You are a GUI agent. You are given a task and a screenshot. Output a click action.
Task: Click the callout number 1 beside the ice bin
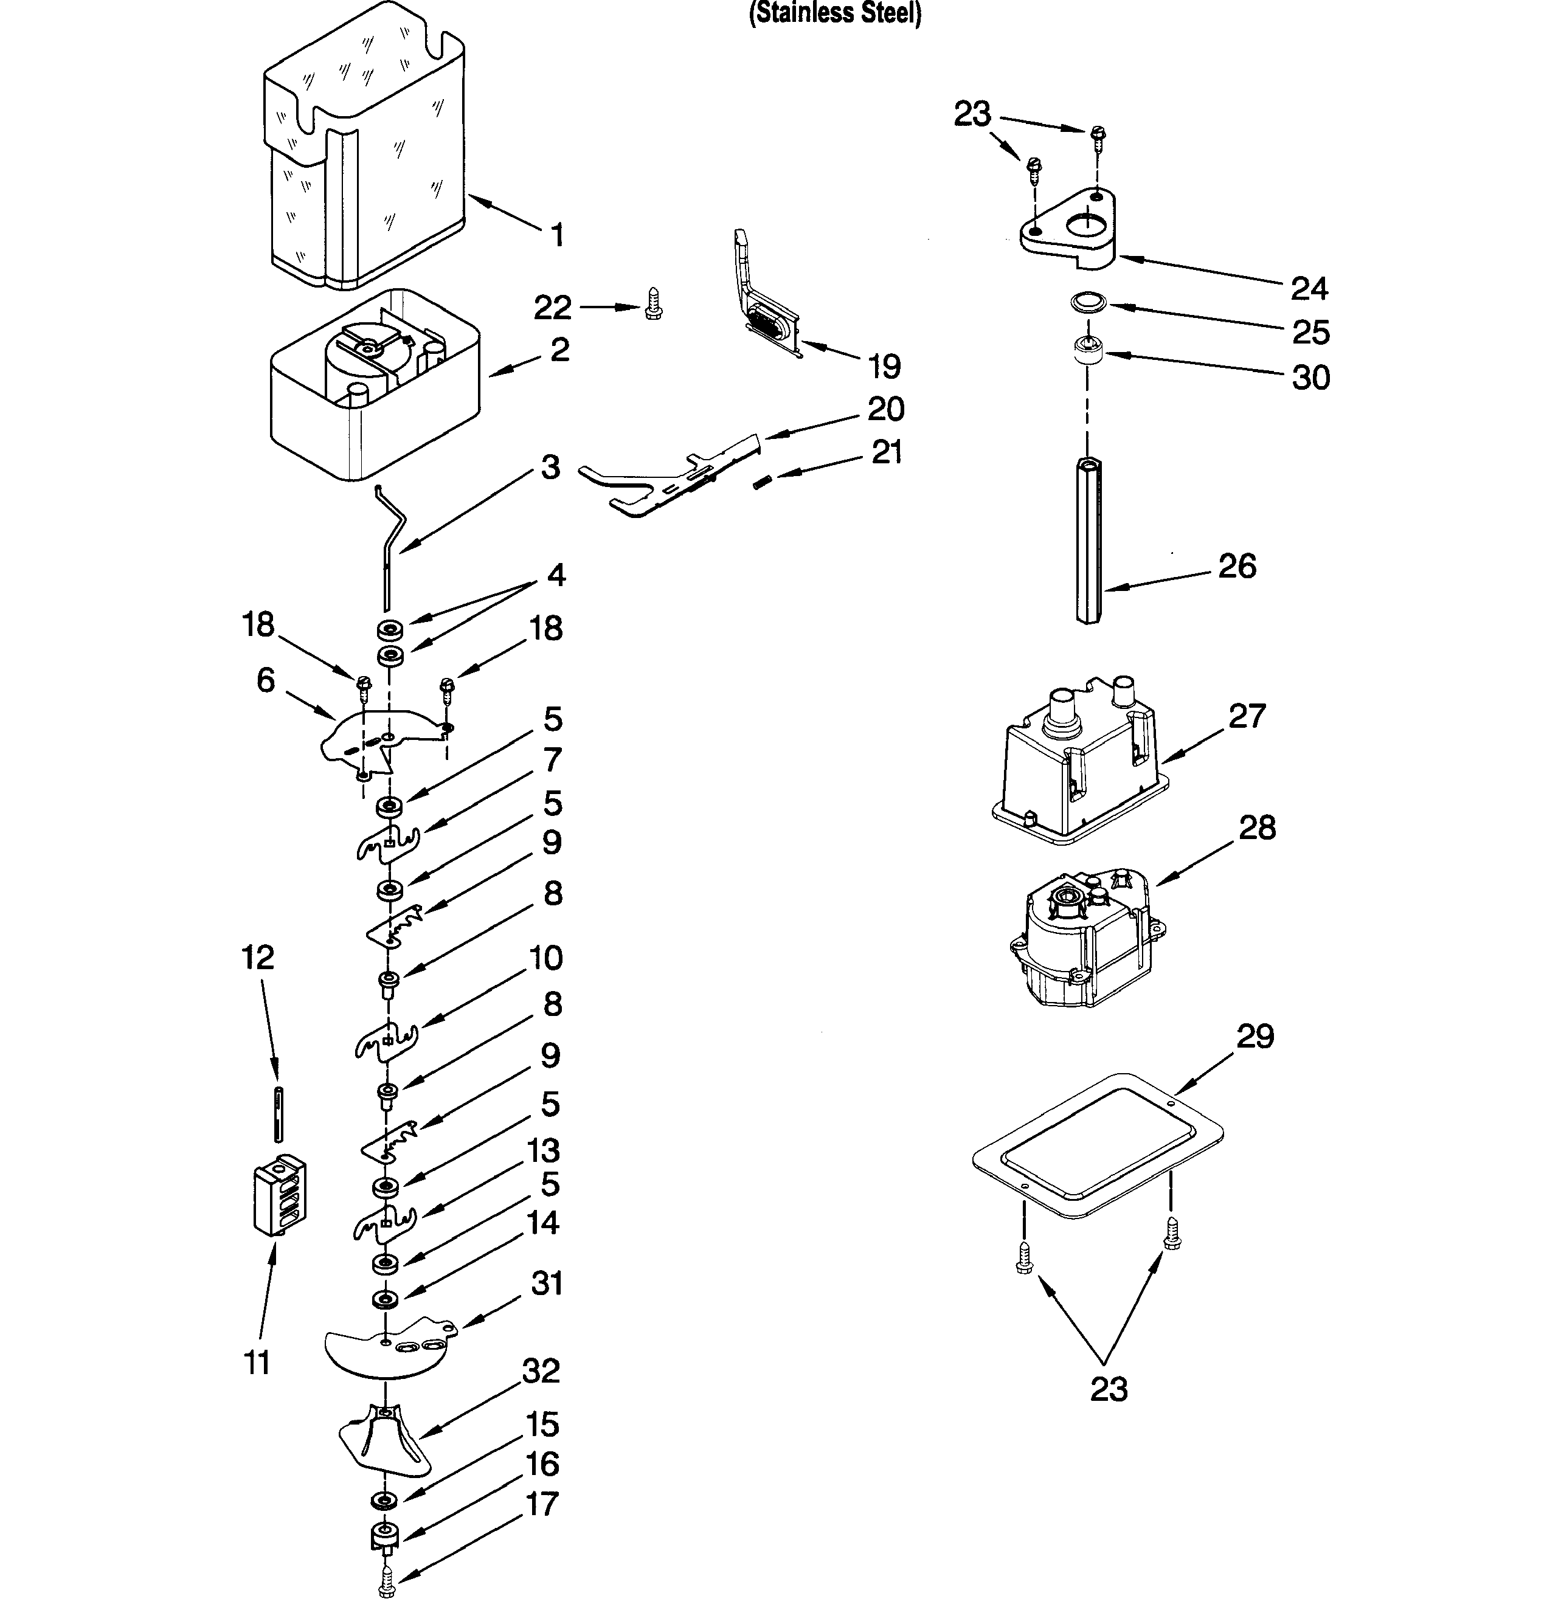click(x=558, y=236)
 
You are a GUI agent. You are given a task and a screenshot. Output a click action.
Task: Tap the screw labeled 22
click(x=653, y=303)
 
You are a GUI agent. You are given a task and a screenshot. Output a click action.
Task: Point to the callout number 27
click(x=1247, y=716)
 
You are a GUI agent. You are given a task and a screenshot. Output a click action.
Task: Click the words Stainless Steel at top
click(x=835, y=14)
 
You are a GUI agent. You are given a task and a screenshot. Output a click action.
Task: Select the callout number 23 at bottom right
click(x=1109, y=1390)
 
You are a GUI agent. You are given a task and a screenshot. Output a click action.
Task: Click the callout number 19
click(x=884, y=367)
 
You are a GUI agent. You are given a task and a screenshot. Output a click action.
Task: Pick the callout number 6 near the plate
click(x=265, y=680)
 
